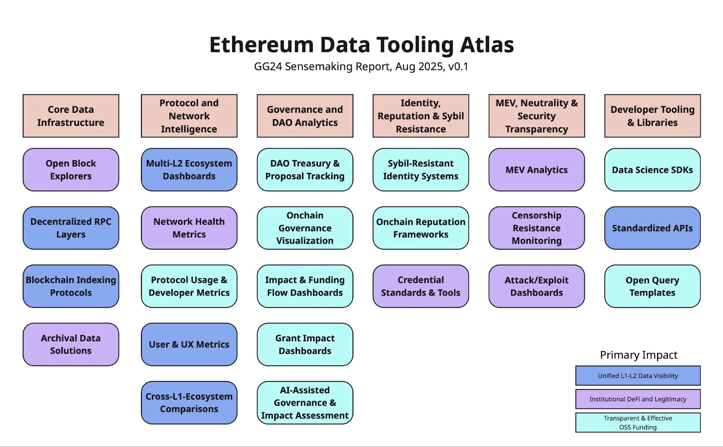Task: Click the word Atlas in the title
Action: tap(487, 45)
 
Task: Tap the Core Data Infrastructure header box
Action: tap(71, 116)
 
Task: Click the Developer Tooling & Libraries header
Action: tap(653, 116)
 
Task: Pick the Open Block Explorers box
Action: tap(71, 170)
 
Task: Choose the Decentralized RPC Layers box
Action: tap(71, 228)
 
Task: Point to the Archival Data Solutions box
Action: tap(71, 344)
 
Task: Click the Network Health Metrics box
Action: tap(189, 228)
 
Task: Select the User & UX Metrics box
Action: tap(189, 344)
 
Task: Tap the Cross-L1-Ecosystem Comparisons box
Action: tap(189, 403)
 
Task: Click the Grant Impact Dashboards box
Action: tap(305, 344)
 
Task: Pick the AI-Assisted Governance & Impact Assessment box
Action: tap(305, 403)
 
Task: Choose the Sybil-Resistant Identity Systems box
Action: tap(421, 170)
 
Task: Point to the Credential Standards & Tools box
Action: tap(421, 286)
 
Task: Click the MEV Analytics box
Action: tap(537, 170)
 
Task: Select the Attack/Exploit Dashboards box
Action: tap(537, 286)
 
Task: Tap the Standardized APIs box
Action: tap(653, 228)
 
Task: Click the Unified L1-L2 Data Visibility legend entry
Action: tap(638, 376)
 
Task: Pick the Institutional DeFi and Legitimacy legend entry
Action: tap(638, 399)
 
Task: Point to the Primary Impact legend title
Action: tap(638, 355)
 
